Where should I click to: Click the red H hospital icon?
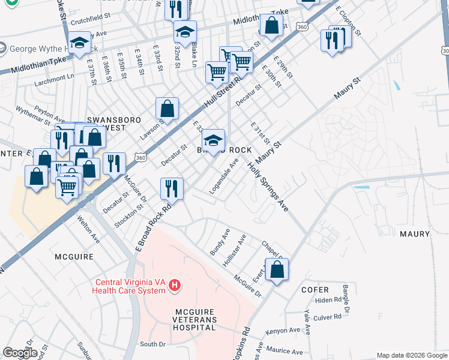pyautogui.click(x=174, y=284)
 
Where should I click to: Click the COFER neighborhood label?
pyautogui.click(x=315, y=289)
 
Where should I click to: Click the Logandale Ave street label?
pyautogui.click(x=224, y=176)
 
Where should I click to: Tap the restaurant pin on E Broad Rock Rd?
pyautogui.click(x=172, y=188)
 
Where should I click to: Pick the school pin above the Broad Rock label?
pyautogui.click(x=213, y=140)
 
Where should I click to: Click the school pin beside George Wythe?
pyautogui.click(x=79, y=43)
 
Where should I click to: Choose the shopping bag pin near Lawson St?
pyautogui.click(x=167, y=109)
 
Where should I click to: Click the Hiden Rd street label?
pyautogui.click(x=328, y=300)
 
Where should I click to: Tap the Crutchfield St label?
pyautogui.click(x=92, y=21)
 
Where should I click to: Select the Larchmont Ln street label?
pyautogui.click(x=54, y=77)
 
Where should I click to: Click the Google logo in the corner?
pyautogui.click(x=20, y=352)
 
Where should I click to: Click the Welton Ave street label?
pyautogui.click(x=88, y=230)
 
